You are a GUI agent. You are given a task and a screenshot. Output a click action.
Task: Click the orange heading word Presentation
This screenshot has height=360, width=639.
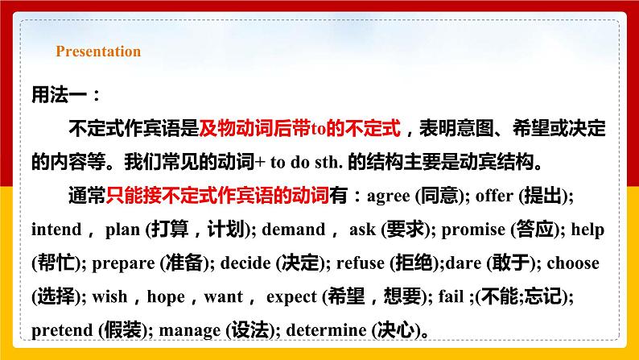98,52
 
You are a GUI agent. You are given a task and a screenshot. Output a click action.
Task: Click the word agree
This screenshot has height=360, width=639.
387,195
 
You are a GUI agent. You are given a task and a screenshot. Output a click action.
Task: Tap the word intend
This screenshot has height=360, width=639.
56,230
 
